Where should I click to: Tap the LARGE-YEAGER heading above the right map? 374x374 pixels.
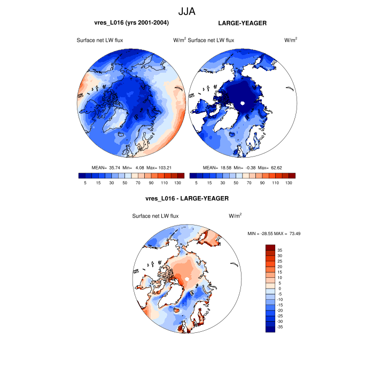point(242,24)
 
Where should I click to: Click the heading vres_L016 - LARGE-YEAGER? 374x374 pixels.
point(186,198)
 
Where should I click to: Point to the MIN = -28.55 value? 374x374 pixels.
point(260,233)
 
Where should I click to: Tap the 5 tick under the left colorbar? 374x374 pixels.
point(85,183)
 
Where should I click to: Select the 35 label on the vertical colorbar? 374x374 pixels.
point(280,250)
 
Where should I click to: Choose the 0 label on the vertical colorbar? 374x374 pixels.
point(278,288)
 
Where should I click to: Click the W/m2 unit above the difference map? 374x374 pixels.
point(235,215)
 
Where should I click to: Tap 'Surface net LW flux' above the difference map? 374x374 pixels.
point(155,216)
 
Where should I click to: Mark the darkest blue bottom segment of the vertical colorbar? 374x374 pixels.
point(270,329)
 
